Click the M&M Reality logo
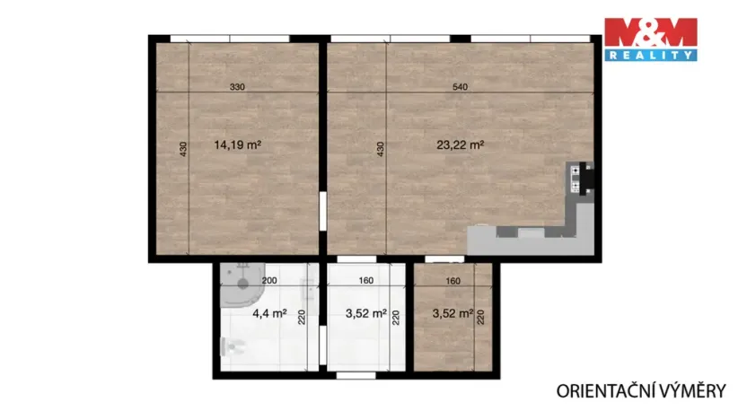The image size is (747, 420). [649, 39]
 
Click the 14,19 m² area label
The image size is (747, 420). [237, 144]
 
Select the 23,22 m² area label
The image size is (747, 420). [460, 144]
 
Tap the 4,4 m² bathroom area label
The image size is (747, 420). [268, 314]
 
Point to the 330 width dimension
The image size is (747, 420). [237, 87]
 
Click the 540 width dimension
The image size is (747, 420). [460, 87]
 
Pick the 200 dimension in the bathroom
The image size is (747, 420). [268, 280]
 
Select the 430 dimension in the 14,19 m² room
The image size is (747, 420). [182, 148]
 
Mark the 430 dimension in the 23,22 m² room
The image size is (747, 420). [380, 148]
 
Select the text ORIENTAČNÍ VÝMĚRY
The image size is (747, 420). [641, 390]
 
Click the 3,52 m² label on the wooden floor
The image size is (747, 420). [452, 314]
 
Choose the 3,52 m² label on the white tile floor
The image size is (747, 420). [365, 314]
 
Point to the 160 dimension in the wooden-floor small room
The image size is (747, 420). [453, 280]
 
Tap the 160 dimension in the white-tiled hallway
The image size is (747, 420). [365, 280]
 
